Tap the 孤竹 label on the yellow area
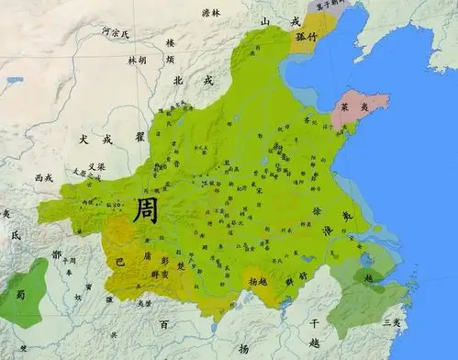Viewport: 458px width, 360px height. tap(305, 38)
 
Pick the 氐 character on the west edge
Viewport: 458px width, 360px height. tap(15, 235)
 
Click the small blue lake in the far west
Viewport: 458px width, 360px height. tap(15, 80)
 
